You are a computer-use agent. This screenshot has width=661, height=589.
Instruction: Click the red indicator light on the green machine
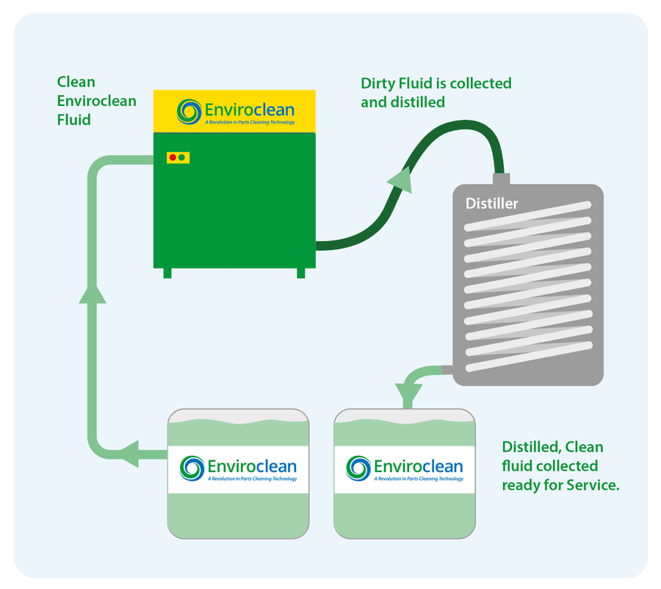[x=173, y=157]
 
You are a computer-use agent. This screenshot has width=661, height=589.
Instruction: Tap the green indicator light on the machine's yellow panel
[x=182, y=157]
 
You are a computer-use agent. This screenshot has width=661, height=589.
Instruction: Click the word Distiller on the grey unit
[x=491, y=203]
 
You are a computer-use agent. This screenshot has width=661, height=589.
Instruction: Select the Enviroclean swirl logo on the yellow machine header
[x=189, y=112]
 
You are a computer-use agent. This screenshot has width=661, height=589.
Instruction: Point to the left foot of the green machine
[x=167, y=273]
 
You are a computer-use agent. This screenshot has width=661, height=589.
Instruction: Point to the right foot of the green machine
[x=300, y=273]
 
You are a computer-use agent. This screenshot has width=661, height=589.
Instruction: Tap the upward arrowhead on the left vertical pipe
[x=93, y=291]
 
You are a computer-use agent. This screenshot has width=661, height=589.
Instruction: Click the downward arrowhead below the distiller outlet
[x=408, y=388]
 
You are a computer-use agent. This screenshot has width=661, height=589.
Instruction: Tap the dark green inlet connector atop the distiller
[x=501, y=179]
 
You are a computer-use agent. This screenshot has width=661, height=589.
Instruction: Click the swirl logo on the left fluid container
[x=192, y=468]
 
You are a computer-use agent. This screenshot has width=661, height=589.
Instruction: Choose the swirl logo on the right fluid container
[x=358, y=468]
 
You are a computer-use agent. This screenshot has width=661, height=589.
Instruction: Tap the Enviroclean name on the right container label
[x=418, y=466]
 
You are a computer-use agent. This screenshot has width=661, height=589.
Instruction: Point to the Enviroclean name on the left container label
[x=252, y=466]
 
